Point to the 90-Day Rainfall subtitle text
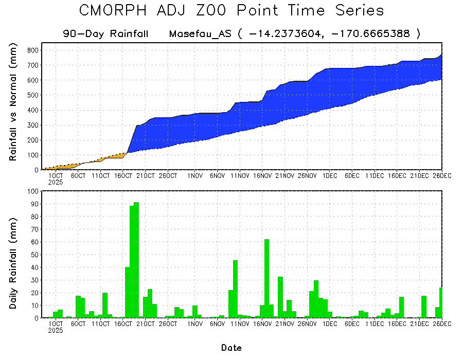click(105, 34)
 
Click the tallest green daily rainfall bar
click(136, 260)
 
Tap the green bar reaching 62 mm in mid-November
click(266, 278)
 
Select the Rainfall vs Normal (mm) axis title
click(14, 102)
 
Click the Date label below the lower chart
click(232, 348)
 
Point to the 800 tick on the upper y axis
click(32, 50)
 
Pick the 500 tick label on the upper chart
click(32, 95)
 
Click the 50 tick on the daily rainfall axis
click(34, 255)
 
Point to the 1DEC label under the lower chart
click(330, 324)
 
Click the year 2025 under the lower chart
click(56, 331)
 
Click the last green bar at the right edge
click(441, 303)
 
